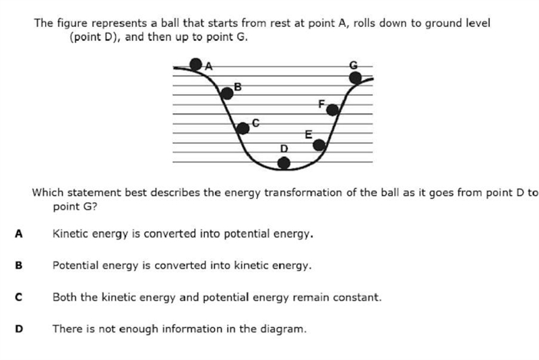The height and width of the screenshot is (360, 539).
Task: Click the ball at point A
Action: [196, 64]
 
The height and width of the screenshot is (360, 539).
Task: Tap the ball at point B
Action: [227, 93]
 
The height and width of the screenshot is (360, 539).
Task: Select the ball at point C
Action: [243, 128]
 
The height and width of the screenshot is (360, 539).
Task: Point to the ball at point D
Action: [284, 163]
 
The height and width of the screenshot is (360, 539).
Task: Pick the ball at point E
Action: [319, 145]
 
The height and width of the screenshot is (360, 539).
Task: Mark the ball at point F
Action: [332, 110]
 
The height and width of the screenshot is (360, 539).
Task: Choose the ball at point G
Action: [355, 78]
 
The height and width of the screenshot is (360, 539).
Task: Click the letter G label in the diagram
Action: [353, 65]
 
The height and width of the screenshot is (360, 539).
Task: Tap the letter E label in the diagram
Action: [309, 134]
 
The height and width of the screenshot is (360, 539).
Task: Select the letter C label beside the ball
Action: [256, 123]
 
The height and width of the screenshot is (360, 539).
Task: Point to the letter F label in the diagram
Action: [321, 104]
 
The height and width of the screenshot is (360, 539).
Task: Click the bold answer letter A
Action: [19, 234]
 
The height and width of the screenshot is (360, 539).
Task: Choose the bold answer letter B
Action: [19, 266]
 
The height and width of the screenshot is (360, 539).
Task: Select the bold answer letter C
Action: [19, 297]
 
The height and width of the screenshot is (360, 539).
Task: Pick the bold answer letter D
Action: [19, 329]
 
